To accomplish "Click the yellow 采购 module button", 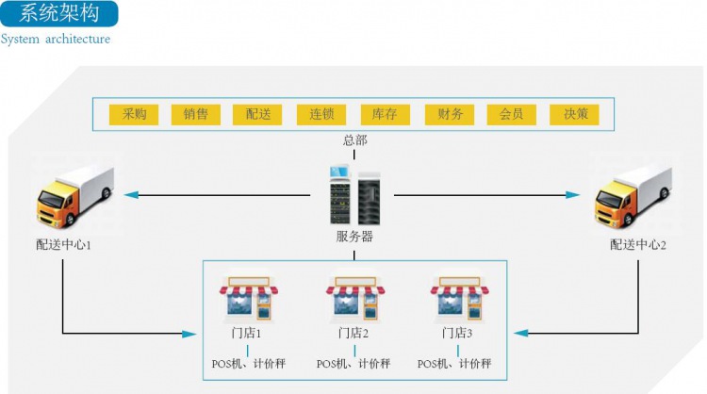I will pos(134,114).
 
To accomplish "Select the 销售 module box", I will pos(196,114).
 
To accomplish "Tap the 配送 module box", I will pos(258,114).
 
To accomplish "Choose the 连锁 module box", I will pos(321,114).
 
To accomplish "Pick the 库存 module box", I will pos(385,114).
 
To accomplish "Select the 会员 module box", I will pos(512,114).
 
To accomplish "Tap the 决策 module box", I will pos(575,114).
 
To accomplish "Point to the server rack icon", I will pos(354,195).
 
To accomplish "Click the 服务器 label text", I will pos(354,237).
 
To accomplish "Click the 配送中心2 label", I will pos(638,245).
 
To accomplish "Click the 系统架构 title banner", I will pos(58,14).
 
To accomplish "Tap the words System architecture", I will pos(56,40).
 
